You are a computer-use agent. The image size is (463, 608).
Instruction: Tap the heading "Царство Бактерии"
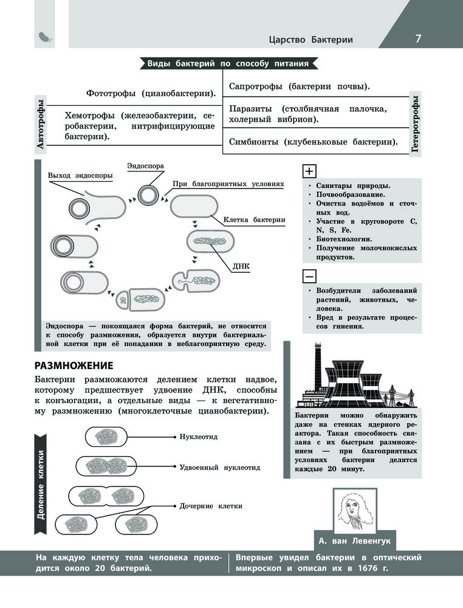(310, 40)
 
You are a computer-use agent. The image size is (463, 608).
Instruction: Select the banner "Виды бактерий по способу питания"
(228, 64)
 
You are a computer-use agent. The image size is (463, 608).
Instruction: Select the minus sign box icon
(309, 277)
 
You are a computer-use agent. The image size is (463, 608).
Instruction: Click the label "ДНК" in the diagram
(241, 266)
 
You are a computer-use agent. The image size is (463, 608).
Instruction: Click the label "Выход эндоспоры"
(80, 176)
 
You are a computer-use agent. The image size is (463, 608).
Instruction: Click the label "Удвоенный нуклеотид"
(220, 468)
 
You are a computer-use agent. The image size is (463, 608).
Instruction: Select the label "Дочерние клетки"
(211, 505)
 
